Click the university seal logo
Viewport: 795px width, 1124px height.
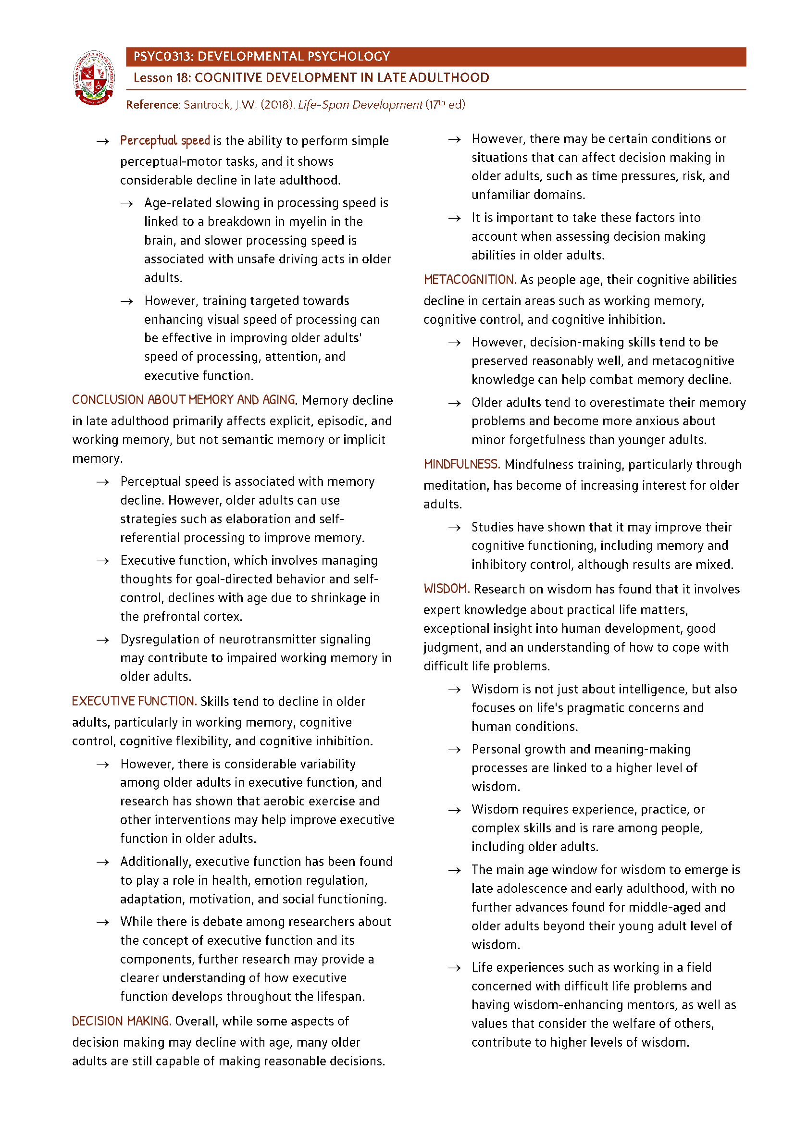point(94,78)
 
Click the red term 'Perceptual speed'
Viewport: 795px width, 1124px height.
point(165,141)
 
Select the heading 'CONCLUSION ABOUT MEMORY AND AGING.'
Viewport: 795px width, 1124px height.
point(184,400)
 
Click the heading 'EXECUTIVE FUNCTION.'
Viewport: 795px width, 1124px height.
point(134,702)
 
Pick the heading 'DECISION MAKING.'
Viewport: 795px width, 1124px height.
point(122,1021)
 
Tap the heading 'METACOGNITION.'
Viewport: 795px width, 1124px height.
point(470,280)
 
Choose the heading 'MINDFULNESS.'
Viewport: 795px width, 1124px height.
point(461,465)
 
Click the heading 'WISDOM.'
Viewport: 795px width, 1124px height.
point(447,589)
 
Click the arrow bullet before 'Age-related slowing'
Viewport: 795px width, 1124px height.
point(127,204)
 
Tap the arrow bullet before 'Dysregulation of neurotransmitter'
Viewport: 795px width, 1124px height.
point(103,640)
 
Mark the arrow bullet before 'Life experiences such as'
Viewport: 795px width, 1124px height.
point(454,968)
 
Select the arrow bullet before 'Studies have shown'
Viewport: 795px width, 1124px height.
point(454,528)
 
